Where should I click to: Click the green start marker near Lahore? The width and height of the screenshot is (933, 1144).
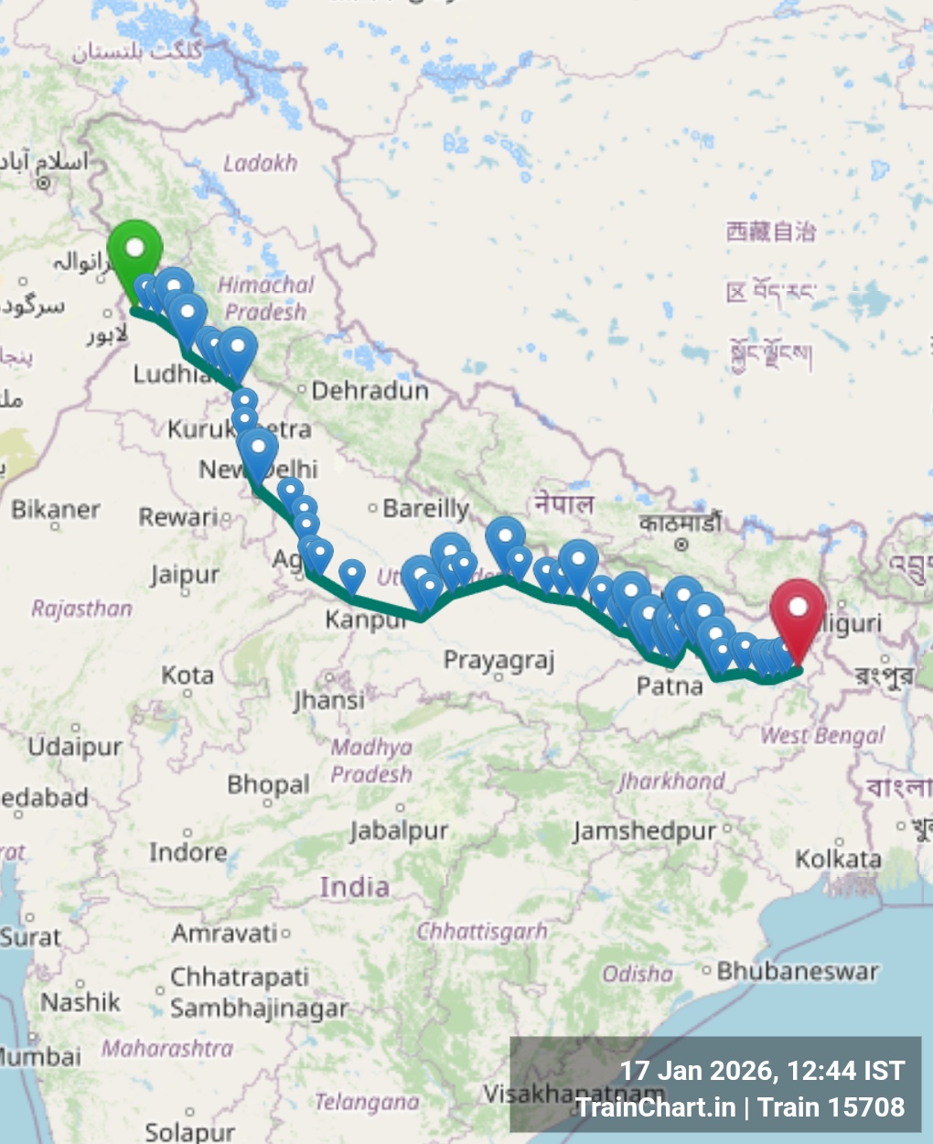pos(134,249)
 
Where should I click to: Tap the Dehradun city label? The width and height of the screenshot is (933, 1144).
pos(370,391)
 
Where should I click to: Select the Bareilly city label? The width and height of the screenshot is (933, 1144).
pos(425,508)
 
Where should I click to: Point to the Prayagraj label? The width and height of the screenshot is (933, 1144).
pos(499,660)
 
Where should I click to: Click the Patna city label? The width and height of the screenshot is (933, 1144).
pos(670,685)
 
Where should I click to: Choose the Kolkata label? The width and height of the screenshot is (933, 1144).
pos(838,859)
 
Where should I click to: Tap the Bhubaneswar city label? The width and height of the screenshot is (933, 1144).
pos(797,971)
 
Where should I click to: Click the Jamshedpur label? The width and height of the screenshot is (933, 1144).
pos(644,831)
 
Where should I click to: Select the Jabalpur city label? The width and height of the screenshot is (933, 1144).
pos(399,831)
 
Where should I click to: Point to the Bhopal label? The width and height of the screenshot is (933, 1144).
pos(268,785)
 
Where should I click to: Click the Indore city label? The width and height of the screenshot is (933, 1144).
pos(188,852)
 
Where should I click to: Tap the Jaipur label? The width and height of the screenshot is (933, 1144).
pos(185,576)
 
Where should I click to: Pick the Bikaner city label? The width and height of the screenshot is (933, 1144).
pos(56,510)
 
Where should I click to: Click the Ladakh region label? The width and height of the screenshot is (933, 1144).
pos(261,163)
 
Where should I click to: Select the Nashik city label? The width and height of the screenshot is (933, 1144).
pos(80,1002)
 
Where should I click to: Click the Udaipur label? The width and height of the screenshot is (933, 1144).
pos(74,747)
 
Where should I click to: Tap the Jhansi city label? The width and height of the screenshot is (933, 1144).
pos(328,701)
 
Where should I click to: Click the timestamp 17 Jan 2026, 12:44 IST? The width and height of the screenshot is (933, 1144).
pos(762,1071)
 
